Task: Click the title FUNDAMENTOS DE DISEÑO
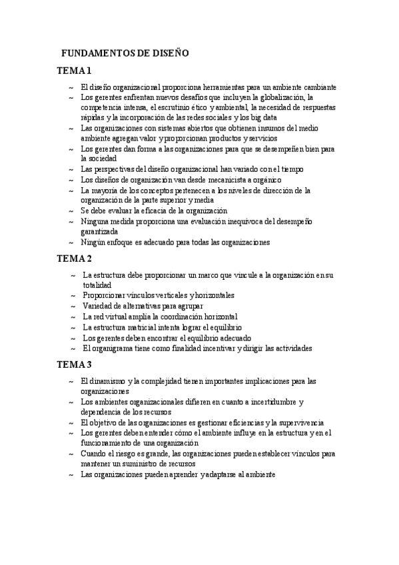click(x=125, y=53)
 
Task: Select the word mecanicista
click(x=219, y=180)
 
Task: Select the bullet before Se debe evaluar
click(x=71, y=211)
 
